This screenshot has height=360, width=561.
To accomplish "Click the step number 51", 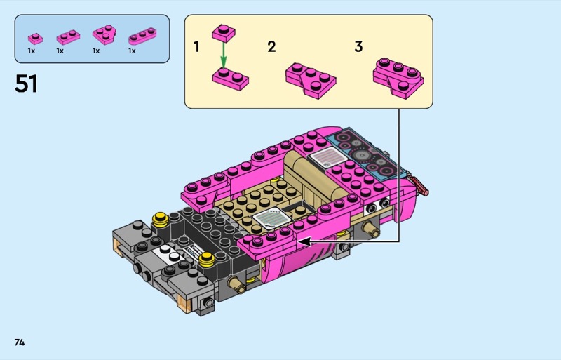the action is click(x=26, y=84).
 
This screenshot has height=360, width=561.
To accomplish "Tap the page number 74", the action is click(x=20, y=342).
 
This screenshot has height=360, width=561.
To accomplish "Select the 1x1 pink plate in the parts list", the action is click(x=36, y=39).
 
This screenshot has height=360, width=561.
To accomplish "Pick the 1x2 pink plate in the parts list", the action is click(x=68, y=37).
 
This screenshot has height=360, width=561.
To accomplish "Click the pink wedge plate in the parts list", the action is click(x=104, y=34).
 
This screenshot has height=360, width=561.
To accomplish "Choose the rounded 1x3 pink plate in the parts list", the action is click(x=142, y=36).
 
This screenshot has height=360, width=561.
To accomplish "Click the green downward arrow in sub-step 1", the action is click(x=223, y=55).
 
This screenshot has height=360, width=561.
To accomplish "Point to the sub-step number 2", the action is click(x=271, y=47).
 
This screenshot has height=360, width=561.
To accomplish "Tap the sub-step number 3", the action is click(x=358, y=46).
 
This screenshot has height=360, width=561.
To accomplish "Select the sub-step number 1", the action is click(x=196, y=47).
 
